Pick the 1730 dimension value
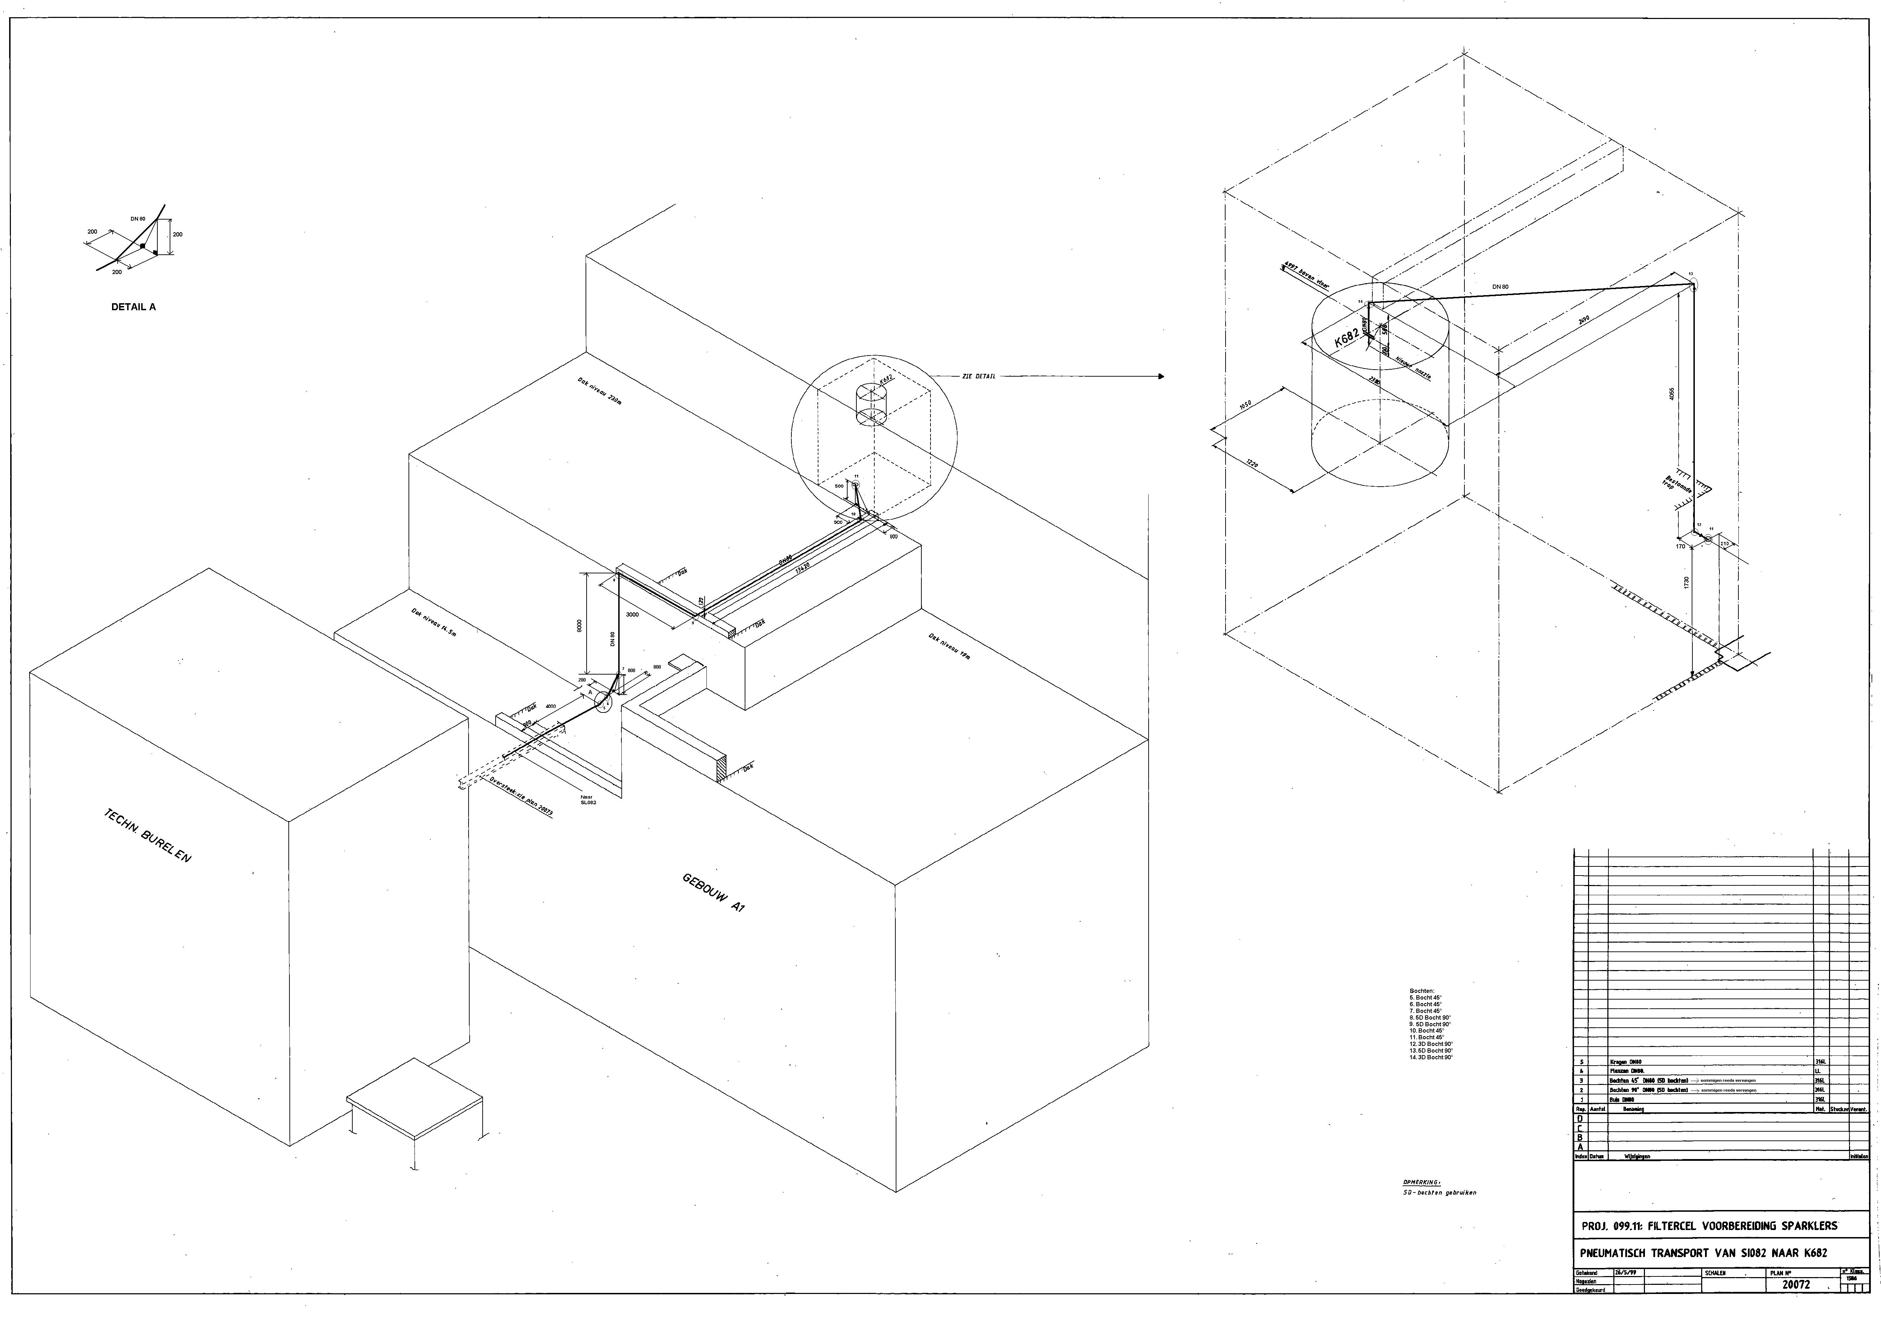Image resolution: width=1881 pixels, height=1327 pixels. (x=1686, y=582)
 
